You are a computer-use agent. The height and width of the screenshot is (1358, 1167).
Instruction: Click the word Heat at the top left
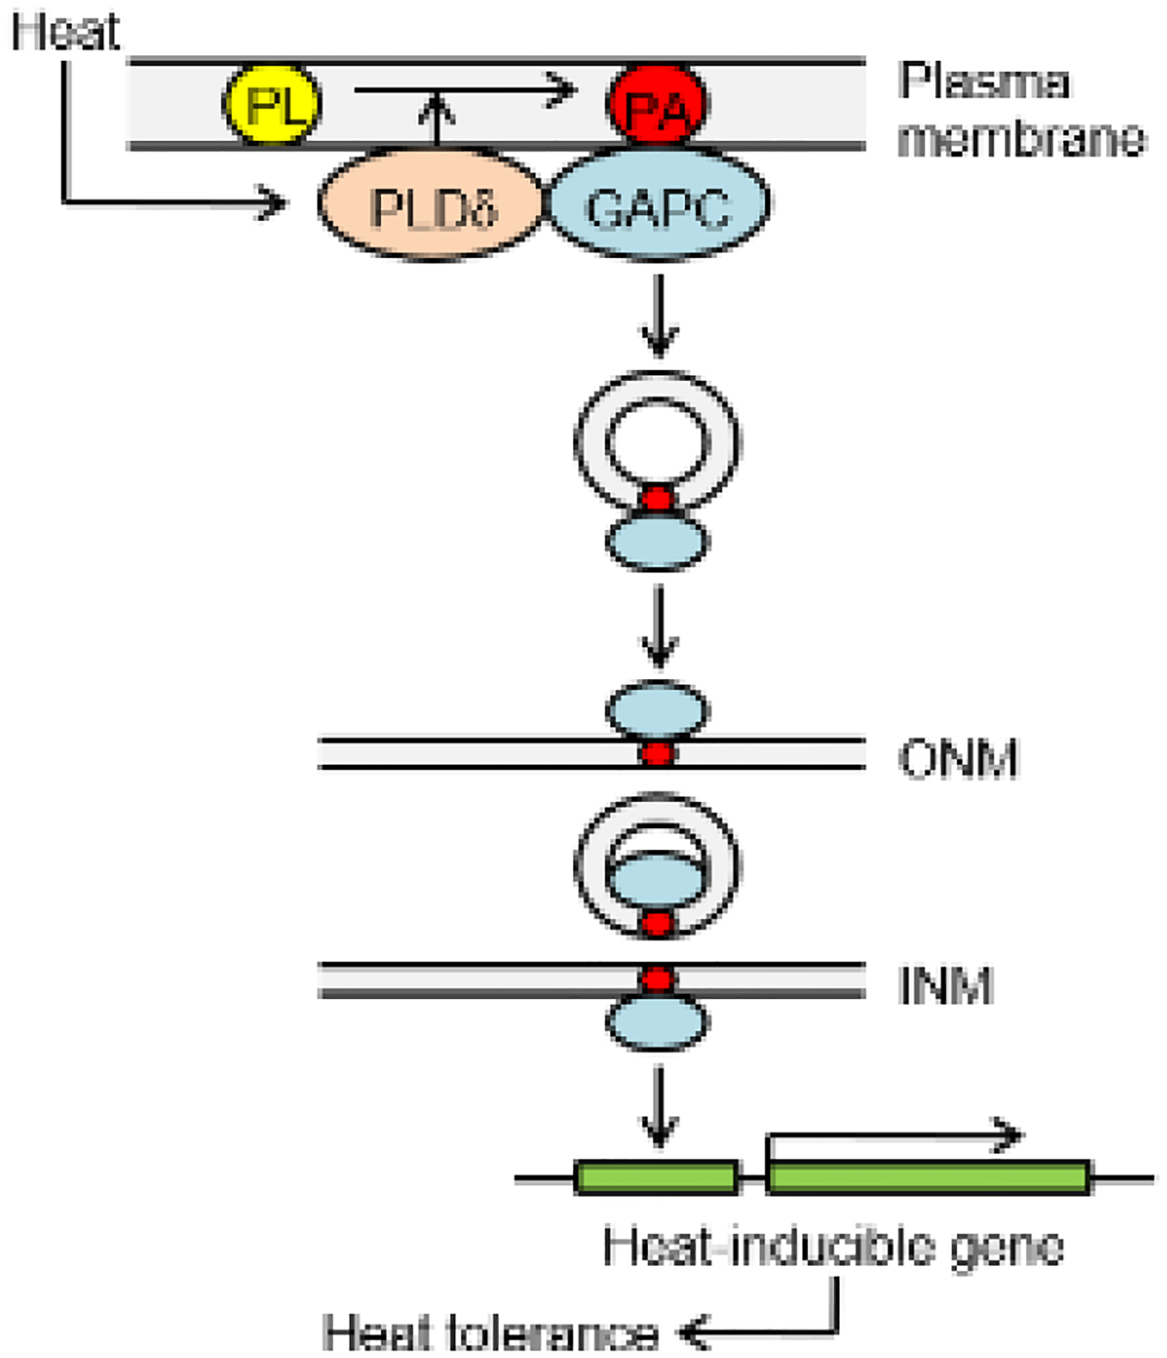65,31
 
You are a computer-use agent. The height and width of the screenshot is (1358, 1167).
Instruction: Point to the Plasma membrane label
1019,110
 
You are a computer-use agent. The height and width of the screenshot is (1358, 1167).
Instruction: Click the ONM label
958,759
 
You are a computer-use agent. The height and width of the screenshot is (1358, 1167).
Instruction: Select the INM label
946,985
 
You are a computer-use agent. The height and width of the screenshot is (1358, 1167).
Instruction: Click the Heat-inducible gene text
833,1246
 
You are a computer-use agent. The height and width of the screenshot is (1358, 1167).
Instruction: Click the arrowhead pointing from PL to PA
563,89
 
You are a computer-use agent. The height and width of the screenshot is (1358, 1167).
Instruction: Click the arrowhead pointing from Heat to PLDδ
273,202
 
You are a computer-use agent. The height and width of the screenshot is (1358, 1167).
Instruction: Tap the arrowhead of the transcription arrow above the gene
1009,1134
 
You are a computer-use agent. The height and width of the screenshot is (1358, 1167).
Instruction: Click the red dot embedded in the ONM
657,754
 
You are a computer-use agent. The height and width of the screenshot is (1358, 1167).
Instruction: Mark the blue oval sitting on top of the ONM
657,710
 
